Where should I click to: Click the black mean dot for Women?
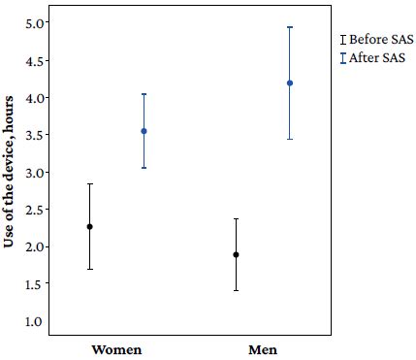pos(90,226)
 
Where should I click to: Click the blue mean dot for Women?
pos(144,131)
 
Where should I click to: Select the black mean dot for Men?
pos(236,254)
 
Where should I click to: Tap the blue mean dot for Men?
pos(290,83)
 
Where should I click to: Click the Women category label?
pos(116,348)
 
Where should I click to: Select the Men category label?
pos(263,348)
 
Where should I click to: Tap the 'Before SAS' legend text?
pos(381,39)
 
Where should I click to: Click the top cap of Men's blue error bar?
pos(290,27)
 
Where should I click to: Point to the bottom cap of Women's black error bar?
pos(90,269)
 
